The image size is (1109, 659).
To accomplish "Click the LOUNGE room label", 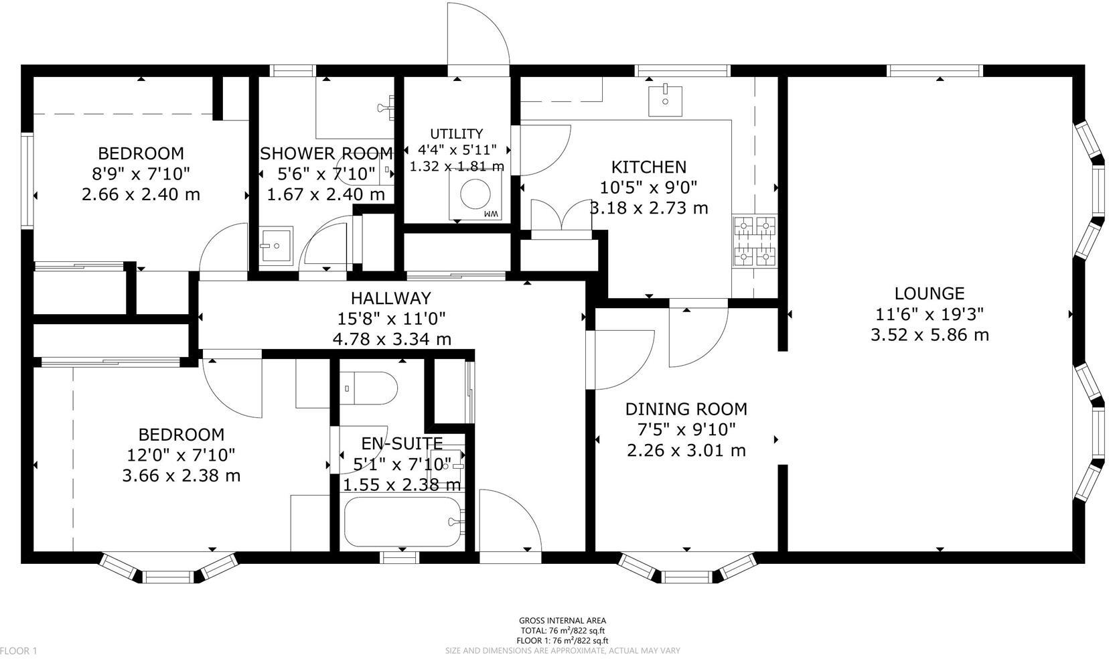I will (x=929, y=293).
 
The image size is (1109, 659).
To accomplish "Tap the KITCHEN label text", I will (x=648, y=167).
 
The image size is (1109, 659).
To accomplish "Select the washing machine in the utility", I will (x=477, y=194).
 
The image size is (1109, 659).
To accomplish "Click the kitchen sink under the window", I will (x=665, y=100).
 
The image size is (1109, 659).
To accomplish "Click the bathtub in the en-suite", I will (x=402, y=522).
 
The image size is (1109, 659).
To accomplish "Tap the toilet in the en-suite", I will (x=368, y=388).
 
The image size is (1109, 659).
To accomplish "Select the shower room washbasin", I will (x=275, y=245).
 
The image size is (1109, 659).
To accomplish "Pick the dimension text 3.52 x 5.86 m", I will (x=929, y=334).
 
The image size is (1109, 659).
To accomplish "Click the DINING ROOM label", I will (x=686, y=409).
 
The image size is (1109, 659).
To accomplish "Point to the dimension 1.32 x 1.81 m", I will (x=457, y=166).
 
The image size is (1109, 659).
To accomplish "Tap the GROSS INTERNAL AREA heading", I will (x=563, y=621).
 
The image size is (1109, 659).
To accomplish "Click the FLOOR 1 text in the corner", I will (x=19, y=650).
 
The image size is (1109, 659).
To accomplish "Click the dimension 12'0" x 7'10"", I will (x=181, y=455).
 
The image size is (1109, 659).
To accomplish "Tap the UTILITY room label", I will (x=456, y=133).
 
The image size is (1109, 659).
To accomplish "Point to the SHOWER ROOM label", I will (x=326, y=154).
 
